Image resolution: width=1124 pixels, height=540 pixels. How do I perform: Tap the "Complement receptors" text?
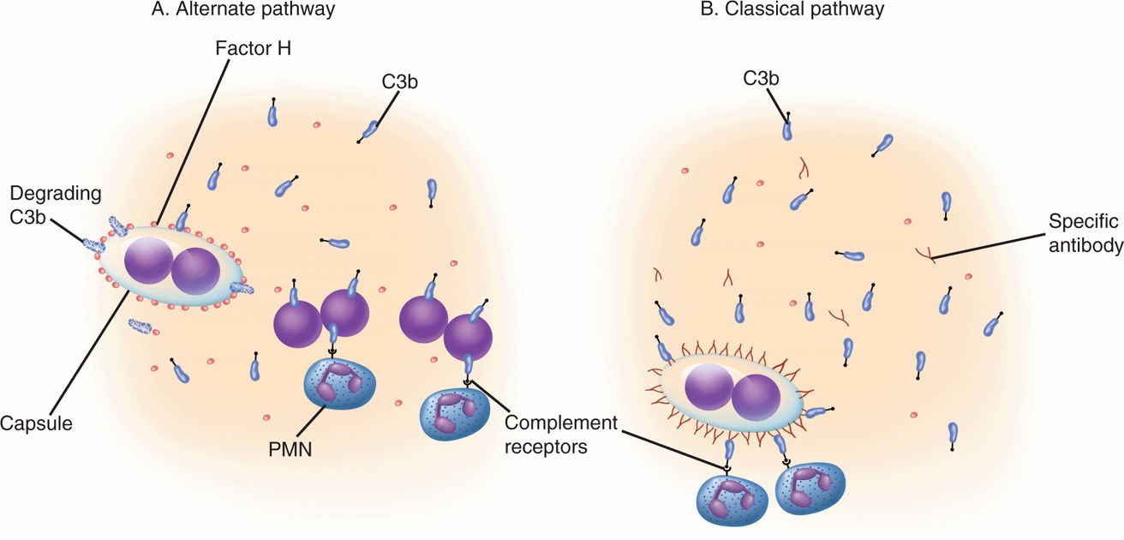pos(561,435)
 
